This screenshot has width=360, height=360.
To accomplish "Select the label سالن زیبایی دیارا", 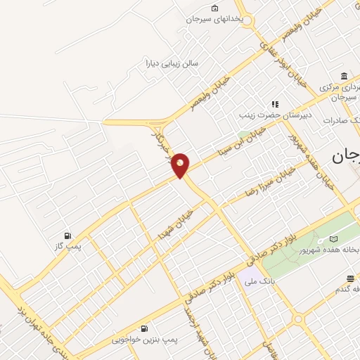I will coord(172,63).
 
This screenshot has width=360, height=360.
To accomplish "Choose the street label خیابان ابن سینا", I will coord(241,141).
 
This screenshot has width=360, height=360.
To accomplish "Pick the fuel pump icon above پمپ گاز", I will coord(67,236).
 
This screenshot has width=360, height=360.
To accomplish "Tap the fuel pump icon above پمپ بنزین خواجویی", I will coord(144,328).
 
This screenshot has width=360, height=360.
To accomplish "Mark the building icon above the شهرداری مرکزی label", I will coord(344,77).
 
